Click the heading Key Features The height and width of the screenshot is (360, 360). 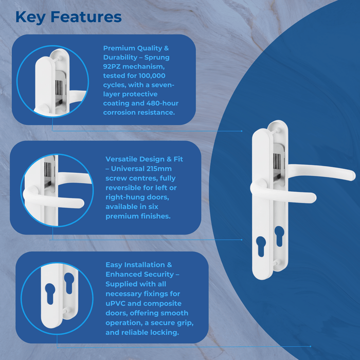tap(68, 17)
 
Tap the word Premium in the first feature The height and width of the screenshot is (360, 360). tap(118, 48)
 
